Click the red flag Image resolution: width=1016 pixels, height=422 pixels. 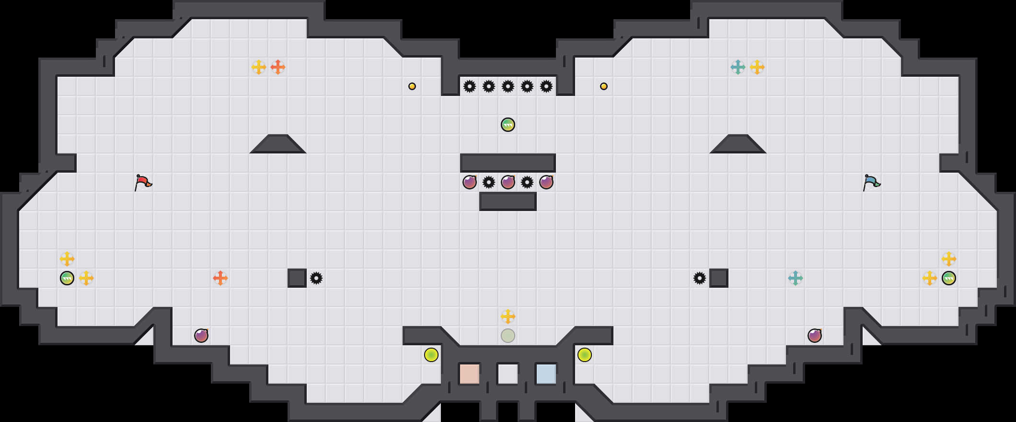(x=142, y=182)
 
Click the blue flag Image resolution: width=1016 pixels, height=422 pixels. (x=871, y=182)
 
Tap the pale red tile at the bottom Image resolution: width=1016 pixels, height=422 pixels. (x=469, y=374)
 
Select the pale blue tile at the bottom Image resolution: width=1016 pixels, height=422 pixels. (x=546, y=374)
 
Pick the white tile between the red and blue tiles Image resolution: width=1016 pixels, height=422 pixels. (x=508, y=374)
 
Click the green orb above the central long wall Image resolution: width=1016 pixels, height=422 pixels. (x=508, y=125)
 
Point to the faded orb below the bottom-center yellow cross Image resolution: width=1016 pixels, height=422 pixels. (x=508, y=336)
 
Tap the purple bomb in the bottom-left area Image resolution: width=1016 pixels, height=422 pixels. (x=201, y=336)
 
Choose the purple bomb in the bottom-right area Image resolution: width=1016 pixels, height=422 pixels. (x=815, y=336)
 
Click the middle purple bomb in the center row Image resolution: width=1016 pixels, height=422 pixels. (x=508, y=182)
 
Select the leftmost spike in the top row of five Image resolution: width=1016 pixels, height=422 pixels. (x=470, y=86)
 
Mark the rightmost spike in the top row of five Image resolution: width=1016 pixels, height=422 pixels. (x=546, y=86)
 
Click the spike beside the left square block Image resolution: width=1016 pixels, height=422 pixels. (x=316, y=278)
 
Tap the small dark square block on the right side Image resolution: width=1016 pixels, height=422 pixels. (x=719, y=278)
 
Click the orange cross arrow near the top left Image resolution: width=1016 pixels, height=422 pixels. (x=278, y=67)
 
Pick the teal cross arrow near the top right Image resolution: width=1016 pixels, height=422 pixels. (x=738, y=67)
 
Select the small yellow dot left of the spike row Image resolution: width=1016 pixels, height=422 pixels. (x=412, y=86)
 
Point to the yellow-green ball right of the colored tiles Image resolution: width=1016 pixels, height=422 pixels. (x=585, y=355)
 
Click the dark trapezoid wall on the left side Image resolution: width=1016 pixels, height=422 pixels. (x=278, y=145)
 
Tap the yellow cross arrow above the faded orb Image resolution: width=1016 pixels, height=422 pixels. (x=508, y=316)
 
